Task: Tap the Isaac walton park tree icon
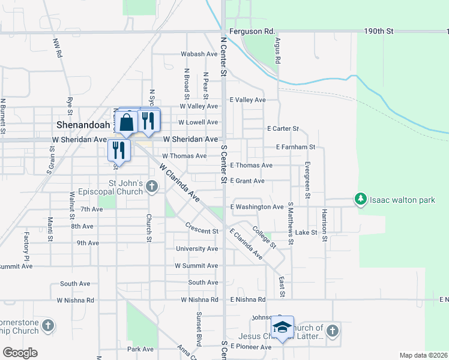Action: point(360,199)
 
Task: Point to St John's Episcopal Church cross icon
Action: point(151,187)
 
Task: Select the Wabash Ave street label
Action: point(199,54)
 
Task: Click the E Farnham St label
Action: point(295,147)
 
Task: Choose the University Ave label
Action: point(197,248)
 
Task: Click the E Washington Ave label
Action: point(256,207)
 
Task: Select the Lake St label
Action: point(306,232)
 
